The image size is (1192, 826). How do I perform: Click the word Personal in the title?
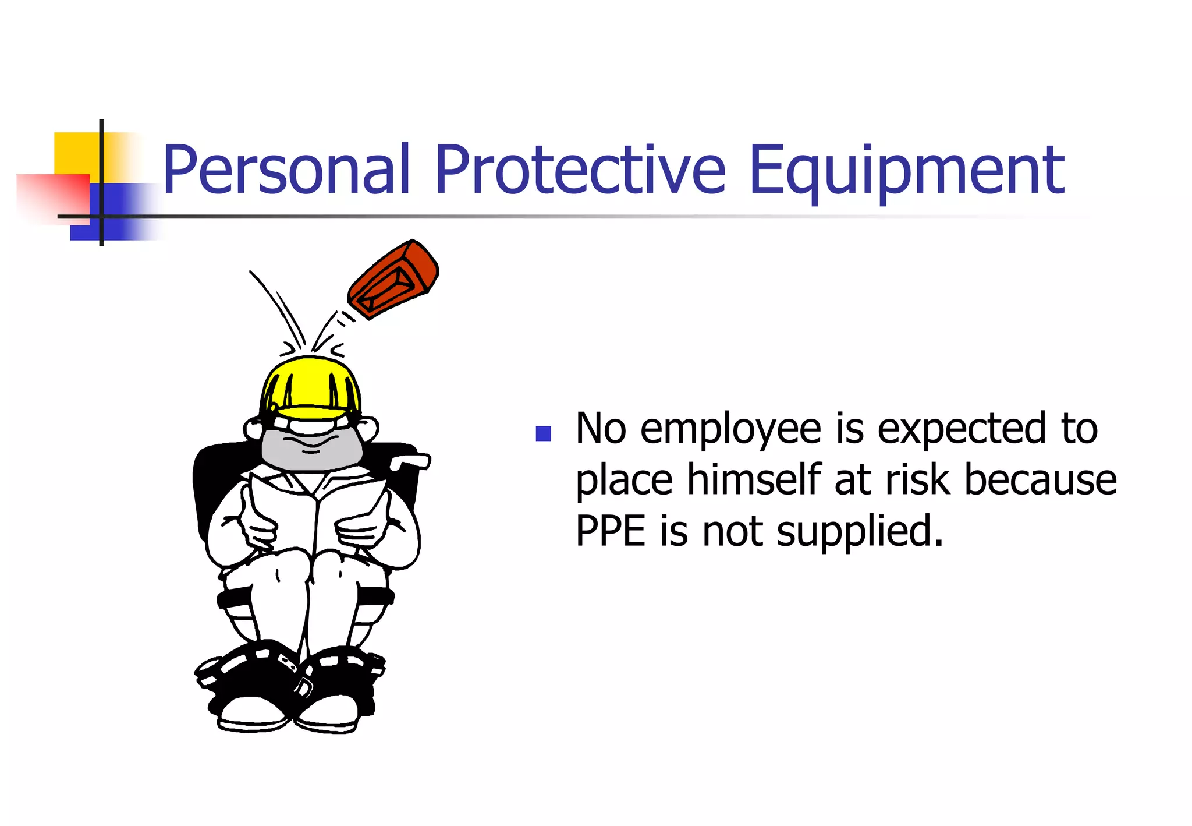pos(286,170)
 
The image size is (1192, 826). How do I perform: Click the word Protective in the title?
pos(580,170)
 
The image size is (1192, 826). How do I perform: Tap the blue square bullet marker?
pos(543,433)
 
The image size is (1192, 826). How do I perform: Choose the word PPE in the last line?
pos(610,531)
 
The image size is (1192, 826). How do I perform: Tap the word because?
pos(1040,481)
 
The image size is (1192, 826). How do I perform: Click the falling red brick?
pos(393,279)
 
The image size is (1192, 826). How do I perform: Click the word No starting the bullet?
pos(601,429)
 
